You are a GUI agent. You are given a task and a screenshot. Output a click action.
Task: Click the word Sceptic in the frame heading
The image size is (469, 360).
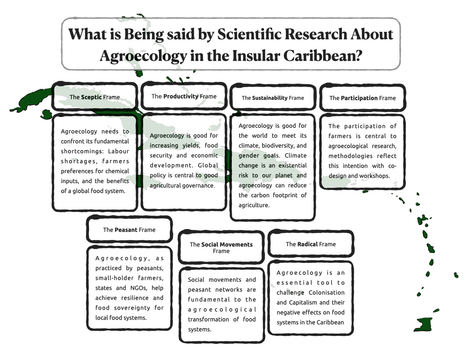[91, 97]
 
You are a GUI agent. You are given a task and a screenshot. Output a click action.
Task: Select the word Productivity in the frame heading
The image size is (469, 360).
[181, 96]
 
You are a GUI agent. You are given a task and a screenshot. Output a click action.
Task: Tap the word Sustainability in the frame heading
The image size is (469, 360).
[270, 98]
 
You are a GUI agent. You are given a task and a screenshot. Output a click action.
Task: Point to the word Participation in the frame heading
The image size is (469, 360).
[359, 98]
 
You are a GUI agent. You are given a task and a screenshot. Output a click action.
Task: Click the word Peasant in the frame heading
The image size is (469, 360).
[126, 230]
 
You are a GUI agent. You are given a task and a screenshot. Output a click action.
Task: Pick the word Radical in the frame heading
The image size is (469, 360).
[307, 244]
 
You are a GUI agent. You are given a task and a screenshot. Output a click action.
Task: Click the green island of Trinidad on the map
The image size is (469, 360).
[424, 324]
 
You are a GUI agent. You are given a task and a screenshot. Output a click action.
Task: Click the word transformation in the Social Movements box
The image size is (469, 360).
[211, 319]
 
